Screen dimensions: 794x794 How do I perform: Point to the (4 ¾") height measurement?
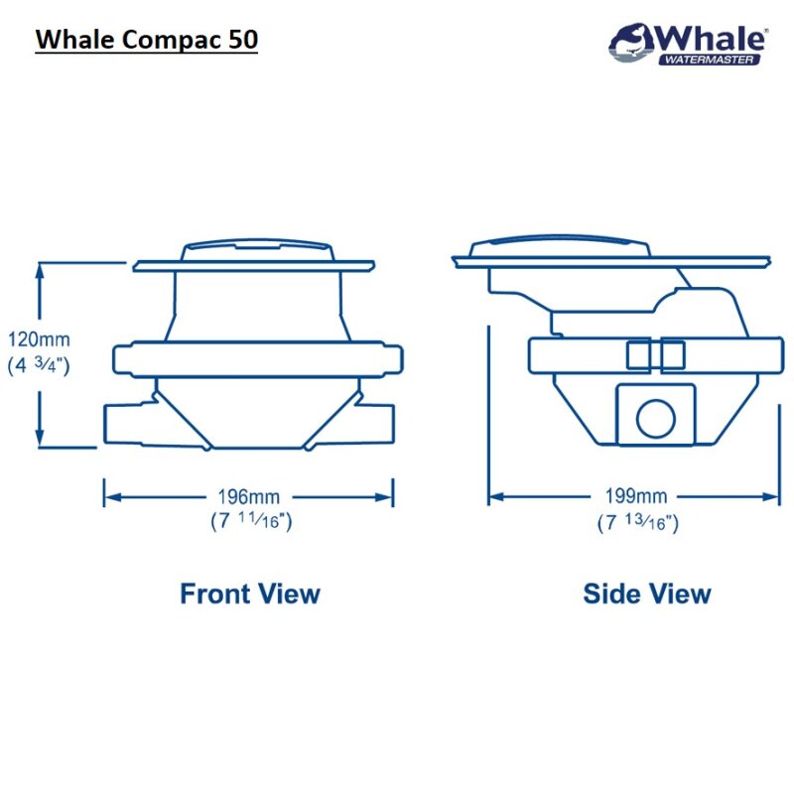39,364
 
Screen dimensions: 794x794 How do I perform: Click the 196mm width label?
249,495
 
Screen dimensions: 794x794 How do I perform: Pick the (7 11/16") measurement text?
250,518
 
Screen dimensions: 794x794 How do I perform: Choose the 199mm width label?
637,495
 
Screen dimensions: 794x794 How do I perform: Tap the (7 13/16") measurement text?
638,519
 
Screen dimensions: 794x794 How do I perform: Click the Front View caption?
249,594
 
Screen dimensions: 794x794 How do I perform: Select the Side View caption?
647,594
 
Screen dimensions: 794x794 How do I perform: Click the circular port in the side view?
655,419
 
